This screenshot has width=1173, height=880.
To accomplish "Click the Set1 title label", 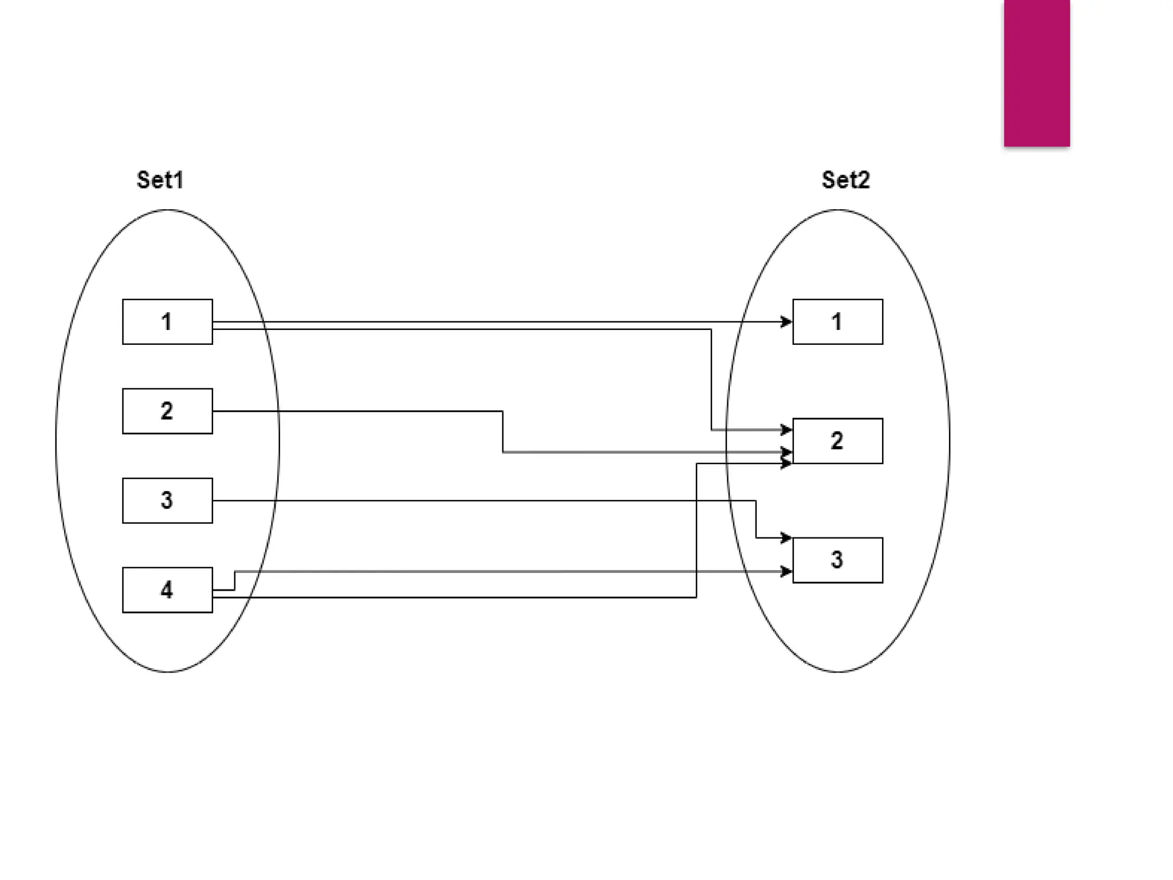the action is click(160, 180).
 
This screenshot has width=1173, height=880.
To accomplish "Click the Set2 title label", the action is click(845, 180).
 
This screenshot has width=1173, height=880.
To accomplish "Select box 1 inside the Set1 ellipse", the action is click(167, 321).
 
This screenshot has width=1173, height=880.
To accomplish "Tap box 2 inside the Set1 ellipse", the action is click(167, 411).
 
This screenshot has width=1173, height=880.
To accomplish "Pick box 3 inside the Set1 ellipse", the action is click(167, 500).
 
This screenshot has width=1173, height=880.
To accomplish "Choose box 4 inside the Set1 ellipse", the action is click(167, 590).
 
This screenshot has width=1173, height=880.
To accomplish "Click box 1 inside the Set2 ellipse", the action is click(837, 321).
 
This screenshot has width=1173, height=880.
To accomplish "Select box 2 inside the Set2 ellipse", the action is click(837, 441).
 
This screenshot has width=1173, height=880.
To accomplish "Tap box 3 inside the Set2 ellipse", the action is click(837, 560).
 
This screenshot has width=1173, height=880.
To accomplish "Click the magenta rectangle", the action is click(1037, 73).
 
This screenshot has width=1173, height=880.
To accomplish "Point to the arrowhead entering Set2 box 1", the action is click(786, 322).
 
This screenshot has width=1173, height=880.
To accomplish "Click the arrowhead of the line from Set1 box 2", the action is click(786, 452).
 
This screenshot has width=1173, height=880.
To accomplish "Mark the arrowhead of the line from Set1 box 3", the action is click(786, 538).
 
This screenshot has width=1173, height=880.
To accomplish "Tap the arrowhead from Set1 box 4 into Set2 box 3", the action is click(786, 571).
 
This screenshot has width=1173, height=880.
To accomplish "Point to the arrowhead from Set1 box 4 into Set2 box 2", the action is click(786, 463).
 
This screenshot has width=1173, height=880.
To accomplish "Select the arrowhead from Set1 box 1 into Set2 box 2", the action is click(786, 429).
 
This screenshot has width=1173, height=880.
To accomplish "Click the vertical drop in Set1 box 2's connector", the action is click(503, 431).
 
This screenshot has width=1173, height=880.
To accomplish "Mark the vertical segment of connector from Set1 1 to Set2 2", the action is click(711, 379).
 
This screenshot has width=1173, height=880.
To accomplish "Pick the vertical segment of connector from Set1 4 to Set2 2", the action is click(696, 531).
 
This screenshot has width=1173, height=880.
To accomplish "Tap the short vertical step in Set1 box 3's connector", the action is click(756, 519).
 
